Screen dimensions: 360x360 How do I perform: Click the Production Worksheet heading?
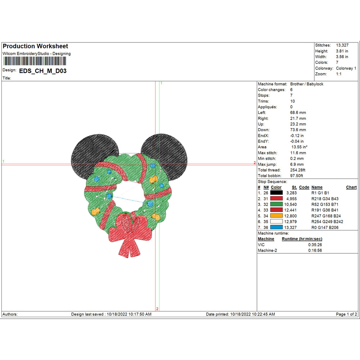click(35, 46)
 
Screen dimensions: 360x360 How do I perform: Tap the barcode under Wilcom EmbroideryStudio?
click(35, 61)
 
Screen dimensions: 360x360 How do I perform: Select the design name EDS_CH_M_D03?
click(43, 71)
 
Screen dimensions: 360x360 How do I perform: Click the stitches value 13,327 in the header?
click(342, 45)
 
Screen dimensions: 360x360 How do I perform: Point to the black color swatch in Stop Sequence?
click(276, 193)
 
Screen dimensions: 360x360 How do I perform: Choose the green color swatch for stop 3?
click(276, 204)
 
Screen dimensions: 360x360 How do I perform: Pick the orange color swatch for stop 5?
click(276, 216)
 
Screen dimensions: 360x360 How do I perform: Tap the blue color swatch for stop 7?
click(276, 227)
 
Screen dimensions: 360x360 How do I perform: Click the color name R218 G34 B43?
click(325, 199)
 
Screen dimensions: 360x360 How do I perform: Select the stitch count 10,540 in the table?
click(291, 204)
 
